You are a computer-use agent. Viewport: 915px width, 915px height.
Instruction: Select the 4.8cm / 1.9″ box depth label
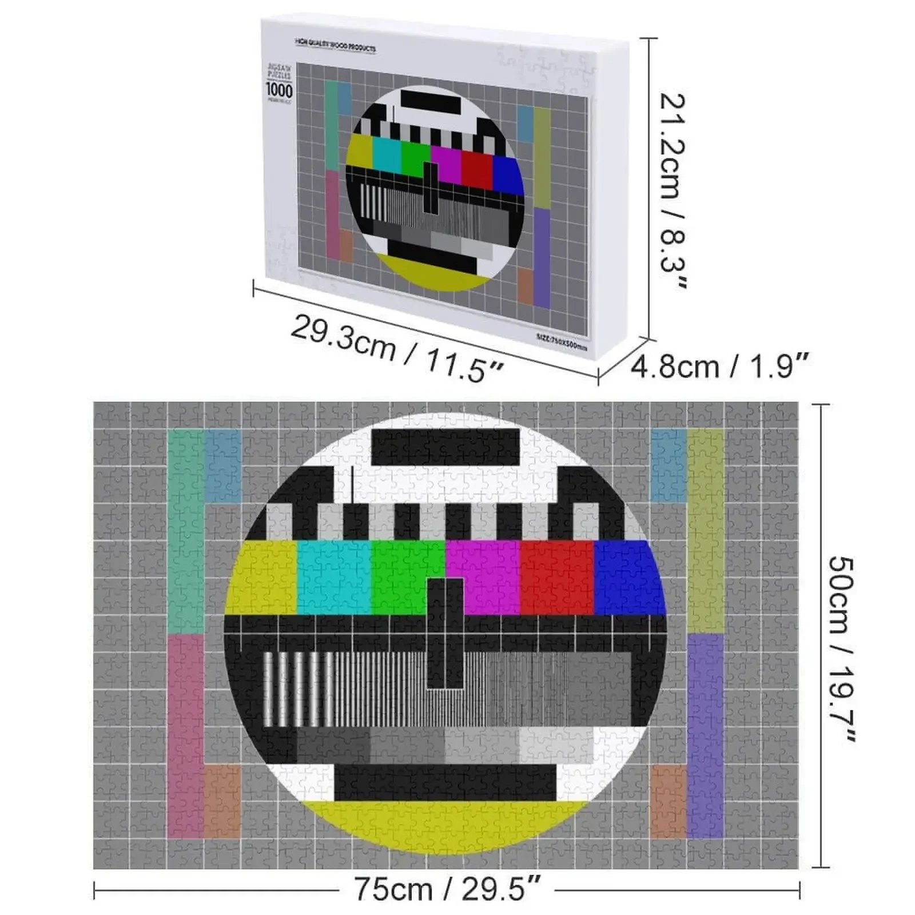coord(720,366)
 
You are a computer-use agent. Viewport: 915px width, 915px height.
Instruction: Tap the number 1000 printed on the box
coord(279,90)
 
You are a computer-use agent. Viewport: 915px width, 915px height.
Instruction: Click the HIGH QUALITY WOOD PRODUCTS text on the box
coord(335,45)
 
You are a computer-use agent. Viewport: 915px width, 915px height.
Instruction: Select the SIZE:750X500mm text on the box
coord(562,342)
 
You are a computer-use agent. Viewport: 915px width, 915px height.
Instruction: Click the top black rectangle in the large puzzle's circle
coord(445,447)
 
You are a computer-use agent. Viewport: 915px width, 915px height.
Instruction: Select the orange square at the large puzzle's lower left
coord(222,801)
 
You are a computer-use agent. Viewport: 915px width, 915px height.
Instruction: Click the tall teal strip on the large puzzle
coord(185,532)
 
